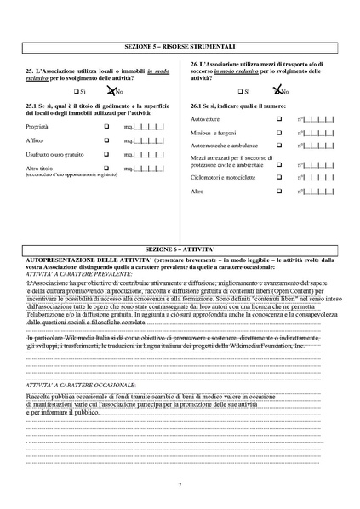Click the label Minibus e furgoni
(214, 134)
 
